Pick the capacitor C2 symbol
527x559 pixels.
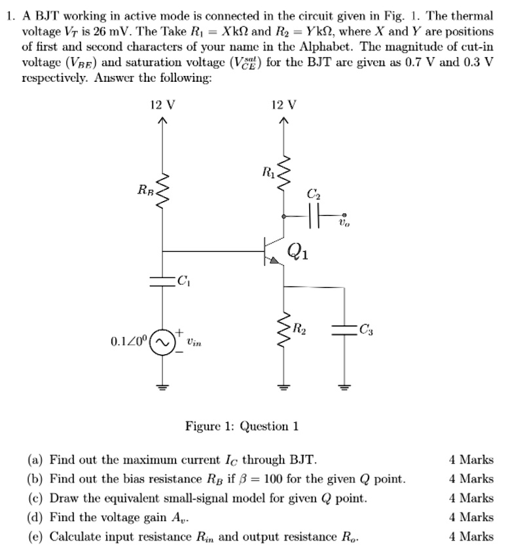click(310, 215)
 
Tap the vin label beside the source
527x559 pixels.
click(193, 342)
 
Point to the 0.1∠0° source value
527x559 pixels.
click(130, 342)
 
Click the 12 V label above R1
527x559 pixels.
click(283, 105)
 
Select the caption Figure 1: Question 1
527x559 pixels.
click(242, 427)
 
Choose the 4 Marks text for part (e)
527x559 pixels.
click(471, 537)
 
